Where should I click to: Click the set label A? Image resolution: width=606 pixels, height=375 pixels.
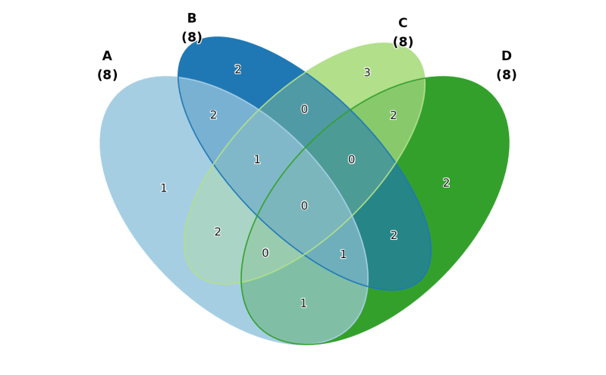(107, 56)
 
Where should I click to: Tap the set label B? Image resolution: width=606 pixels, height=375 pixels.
(192, 18)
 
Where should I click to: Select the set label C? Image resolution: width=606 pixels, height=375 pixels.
(403, 24)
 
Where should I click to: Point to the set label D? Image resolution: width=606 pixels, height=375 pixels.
(506, 56)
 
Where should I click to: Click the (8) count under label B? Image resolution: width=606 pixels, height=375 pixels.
(192, 37)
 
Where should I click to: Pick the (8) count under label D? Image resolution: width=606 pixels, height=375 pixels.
(506, 75)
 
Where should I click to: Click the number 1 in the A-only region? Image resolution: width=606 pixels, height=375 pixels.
(163, 188)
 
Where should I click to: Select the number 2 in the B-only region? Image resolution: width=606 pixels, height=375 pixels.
(237, 70)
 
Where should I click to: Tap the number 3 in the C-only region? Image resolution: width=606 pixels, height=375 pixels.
(367, 73)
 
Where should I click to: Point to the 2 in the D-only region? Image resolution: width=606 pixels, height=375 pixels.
(446, 183)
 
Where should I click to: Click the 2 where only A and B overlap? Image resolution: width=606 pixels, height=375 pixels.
(213, 115)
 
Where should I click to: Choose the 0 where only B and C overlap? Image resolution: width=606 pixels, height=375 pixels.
(304, 109)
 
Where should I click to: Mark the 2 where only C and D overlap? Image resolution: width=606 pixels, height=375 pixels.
(393, 115)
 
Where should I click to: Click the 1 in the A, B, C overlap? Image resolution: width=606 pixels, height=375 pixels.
(257, 159)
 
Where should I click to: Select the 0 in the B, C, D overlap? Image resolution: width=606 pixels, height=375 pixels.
(351, 159)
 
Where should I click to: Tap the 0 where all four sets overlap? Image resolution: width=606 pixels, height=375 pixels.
(304, 206)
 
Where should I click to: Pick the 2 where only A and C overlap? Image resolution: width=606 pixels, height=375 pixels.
(218, 232)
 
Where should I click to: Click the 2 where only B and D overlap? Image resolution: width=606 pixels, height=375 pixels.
(394, 235)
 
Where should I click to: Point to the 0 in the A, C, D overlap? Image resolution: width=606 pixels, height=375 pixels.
(265, 253)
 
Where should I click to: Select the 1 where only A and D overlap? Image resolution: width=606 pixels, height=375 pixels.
(303, 304)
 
